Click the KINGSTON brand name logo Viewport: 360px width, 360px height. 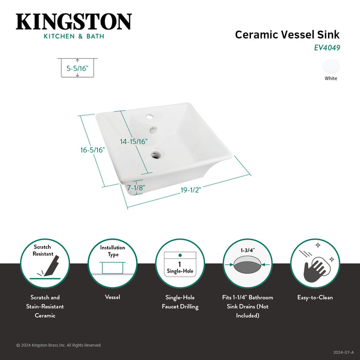[74, 22]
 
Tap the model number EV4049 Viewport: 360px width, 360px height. [327, 48]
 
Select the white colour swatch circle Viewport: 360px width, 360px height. [331, 66]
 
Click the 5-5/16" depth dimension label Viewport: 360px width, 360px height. [77, 68]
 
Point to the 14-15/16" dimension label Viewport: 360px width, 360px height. [134, 141]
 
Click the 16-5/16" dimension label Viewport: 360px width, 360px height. [93, 150]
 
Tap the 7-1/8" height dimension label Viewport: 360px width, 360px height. [136, 188]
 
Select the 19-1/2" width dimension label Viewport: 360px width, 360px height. [191, 190]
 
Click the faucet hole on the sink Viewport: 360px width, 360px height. [150, 118]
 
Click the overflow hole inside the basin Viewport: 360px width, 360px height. [153, 130]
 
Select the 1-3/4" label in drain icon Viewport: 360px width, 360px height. [247, 250]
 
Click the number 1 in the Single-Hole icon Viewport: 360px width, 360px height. [179, 264]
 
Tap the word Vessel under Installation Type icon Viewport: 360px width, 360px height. [113, 297]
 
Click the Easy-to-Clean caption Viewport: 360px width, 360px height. [315, 297]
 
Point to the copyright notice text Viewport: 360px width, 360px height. [58, 345]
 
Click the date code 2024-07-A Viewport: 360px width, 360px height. [344, 352]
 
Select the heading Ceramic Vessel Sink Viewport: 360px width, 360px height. [287, 34]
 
